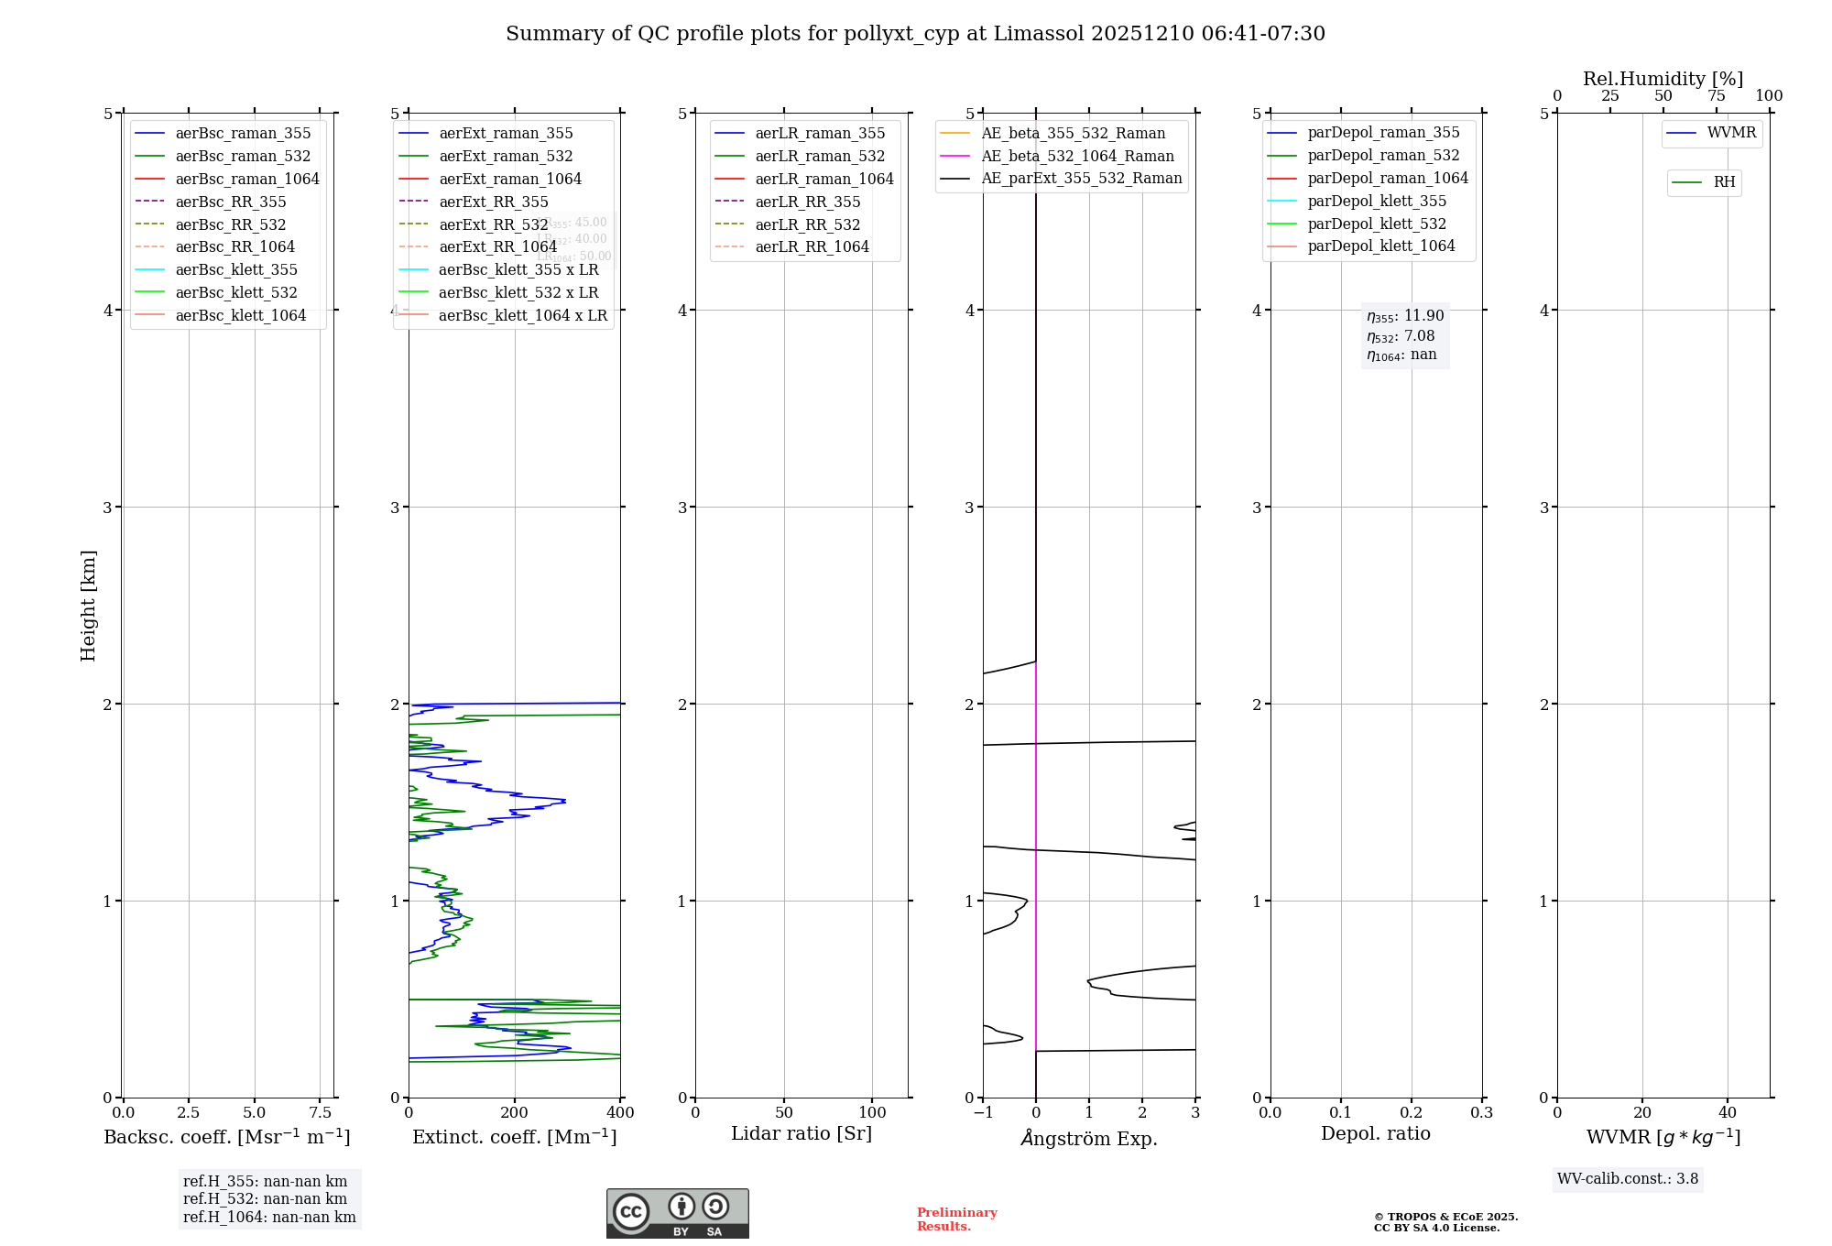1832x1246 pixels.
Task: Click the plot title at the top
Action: coord(915,34)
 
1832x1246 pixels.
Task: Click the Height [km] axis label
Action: coord(88,605)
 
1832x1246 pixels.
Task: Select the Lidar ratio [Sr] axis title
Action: coord(801,1133)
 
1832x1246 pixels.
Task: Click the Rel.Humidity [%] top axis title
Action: coord(1663,79)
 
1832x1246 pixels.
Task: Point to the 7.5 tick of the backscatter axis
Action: coord(320,1113)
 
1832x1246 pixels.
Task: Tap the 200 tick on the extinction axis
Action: coord(515,1113)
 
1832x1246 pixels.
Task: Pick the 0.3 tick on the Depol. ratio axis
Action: coord(1481,1113)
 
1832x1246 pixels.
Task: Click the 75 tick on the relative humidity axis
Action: coord(1716,96)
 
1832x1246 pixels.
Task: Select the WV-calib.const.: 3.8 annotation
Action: coord(1628,1179)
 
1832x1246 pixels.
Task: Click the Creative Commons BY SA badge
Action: coord(677,1214)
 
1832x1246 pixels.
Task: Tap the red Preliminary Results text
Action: coord(956,1219)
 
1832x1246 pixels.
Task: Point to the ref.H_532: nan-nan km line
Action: coord(265,1199)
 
